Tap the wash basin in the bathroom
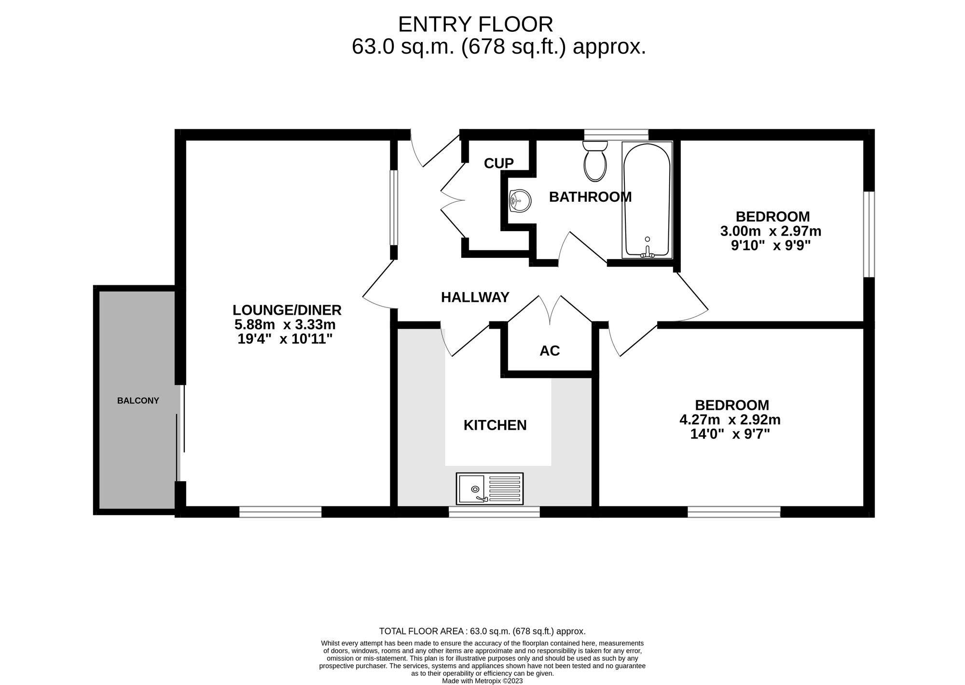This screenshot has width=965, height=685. [x=520, y=200]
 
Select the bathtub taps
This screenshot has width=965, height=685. [x=647, y=252]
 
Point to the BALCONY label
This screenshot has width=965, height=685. [x=138, y=401]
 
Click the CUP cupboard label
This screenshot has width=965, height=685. [x=498, y=164]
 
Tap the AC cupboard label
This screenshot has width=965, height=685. [x=550, y=351]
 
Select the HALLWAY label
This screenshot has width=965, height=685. [x=475, y=297]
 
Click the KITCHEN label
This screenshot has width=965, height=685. [x=495, y=425]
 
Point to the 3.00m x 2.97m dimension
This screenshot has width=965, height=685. [x=771, y=231]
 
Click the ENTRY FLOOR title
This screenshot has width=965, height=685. [x=475, y=24]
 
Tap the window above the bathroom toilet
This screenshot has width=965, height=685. [x=616, y=134]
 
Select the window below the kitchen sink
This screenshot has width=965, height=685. [x=494, y=512]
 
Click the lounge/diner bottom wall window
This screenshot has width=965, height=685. [x=280, y=512]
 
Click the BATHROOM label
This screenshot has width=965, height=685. [x=590, y=197]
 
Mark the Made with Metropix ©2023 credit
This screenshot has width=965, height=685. [x=482, y=681]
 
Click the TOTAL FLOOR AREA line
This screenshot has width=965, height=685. [x=482, y=631]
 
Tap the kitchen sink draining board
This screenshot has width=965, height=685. [x=505, y=489]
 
